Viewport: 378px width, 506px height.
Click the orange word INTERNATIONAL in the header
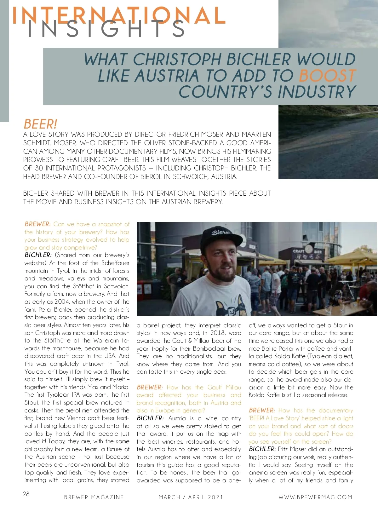point(118,15)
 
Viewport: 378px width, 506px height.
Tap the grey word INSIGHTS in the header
point(106,29)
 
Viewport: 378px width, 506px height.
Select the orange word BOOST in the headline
point(327,76)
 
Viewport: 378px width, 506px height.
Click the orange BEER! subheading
point(40,124)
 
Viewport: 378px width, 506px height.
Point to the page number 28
point(26,494)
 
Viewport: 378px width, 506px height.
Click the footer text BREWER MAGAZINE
point(94,497)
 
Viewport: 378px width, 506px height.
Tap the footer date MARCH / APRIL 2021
point(191,497)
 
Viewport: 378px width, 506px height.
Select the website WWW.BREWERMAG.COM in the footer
point(315,497)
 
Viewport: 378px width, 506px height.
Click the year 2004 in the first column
point(62,302)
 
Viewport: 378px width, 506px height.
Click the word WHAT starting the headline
point(106,60)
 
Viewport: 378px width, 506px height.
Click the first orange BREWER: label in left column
point(37,224)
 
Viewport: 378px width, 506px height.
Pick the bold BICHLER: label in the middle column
point(150,418)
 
